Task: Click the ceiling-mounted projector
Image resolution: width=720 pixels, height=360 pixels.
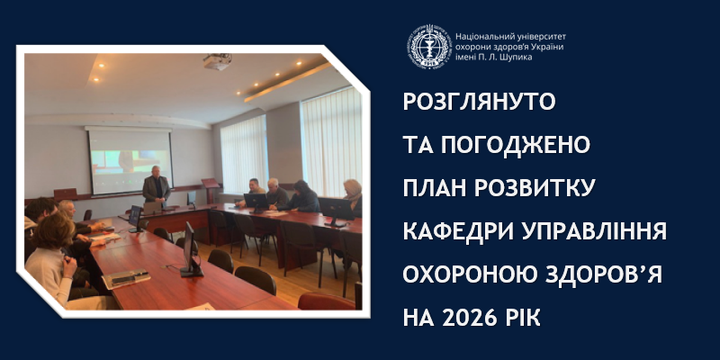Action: tap(217, 62)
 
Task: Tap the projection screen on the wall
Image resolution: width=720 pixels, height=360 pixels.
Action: tap(129, 159)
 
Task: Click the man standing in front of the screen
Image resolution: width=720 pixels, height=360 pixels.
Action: tap(156, 189)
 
